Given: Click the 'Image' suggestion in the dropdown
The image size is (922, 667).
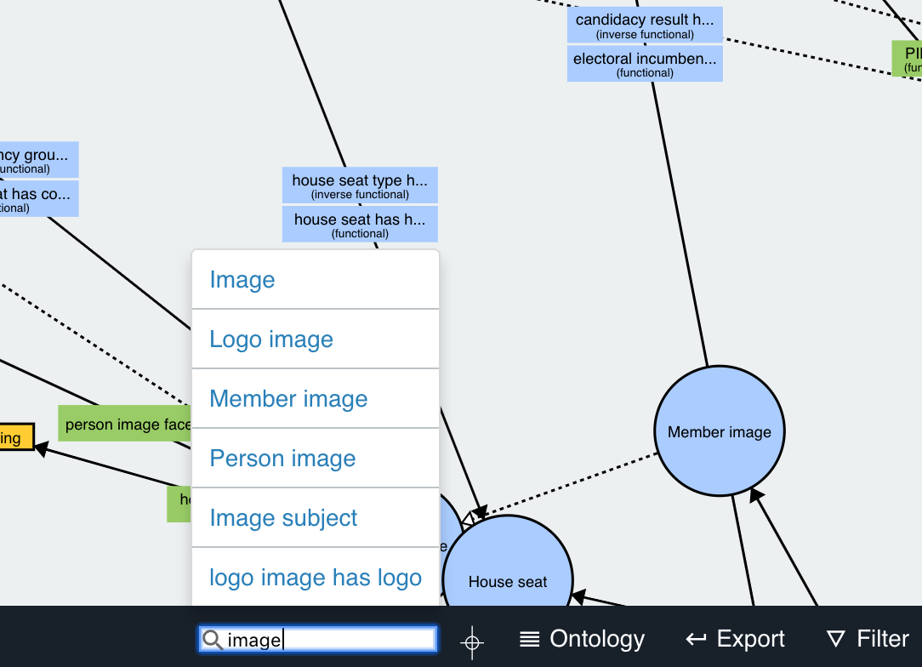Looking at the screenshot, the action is coord(242,280).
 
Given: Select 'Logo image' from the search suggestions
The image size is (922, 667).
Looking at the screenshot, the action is coord(271,339).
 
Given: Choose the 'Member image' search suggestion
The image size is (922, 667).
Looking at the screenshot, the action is coord(288,399).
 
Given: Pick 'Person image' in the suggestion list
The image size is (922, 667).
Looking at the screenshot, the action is coord(282,459).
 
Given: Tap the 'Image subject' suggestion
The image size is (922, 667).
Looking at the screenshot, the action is coord(283,518).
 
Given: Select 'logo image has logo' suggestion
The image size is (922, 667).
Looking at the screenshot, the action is coord(316,578).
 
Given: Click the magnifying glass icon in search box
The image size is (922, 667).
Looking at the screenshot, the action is coord(213,640).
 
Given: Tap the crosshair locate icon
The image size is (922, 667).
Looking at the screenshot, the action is coord(473,641).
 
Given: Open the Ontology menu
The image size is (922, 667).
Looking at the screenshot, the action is coord(583,639).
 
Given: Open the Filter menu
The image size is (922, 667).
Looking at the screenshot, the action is coord(868,639).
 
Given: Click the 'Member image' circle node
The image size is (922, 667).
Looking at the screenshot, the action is coord(720,431).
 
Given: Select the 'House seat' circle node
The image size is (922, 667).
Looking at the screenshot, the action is coord(508,574).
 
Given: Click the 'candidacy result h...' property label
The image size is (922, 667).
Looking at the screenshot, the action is coord(645,25).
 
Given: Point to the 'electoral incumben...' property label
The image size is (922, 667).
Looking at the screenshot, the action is coord(645,64).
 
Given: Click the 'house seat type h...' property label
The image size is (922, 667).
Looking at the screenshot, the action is coord(360,185).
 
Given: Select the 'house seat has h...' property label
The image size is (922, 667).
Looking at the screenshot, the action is coord(360,225).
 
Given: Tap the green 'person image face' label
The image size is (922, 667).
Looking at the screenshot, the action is coord(125,424).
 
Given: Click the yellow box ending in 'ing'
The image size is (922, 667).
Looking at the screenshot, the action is coord(16,437).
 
